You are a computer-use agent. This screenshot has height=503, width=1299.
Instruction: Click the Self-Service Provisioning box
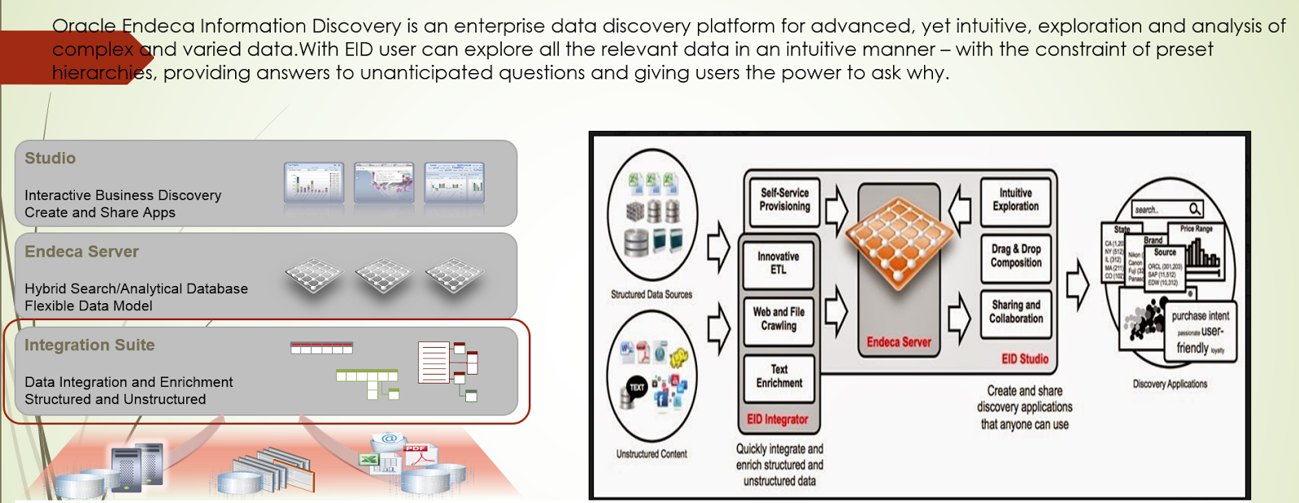tap(784, 200)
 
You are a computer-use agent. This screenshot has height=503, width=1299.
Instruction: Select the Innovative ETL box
tap(778, 263)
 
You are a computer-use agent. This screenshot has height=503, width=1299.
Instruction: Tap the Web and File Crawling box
tap(778, 319)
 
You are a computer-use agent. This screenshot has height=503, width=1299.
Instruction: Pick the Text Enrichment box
tap(779, 376)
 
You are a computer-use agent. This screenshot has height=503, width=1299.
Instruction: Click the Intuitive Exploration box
tap(1015, 200)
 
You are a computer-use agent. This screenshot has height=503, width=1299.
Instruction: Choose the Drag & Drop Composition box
tap(1016, 256)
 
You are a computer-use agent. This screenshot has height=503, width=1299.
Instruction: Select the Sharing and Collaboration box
tap(1016, 312)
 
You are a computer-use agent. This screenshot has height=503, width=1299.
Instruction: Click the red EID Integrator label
tap(778, 419)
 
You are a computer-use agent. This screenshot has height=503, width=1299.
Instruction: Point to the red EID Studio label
tap(1025, 358)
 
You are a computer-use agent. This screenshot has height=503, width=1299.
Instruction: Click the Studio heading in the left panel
tap(50, 158)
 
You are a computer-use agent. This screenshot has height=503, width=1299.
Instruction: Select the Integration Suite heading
tap(89, 345)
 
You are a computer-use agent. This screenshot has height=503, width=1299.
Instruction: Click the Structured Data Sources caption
tap(652, 294)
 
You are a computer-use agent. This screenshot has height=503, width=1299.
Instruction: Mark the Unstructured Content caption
tap(652, 453)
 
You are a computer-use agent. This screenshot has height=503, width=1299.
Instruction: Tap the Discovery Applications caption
tap(1170, 384)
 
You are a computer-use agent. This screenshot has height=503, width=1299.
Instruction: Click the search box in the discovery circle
tap(1167, 210)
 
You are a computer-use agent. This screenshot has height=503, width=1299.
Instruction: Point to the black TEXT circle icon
tap(636, 388)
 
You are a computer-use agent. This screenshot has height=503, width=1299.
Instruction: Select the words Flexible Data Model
tap(89, 306)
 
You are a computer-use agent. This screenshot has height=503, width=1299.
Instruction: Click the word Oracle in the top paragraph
tap(84, 26)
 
